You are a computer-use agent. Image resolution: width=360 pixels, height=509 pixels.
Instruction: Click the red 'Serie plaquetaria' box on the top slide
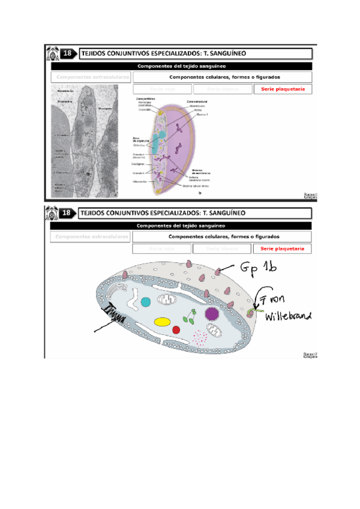283,89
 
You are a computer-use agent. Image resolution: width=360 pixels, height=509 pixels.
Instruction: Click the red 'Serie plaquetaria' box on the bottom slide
283,248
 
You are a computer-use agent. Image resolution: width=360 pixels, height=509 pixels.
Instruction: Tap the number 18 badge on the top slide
68,54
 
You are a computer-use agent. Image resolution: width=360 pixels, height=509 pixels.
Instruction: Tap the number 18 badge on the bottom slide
68,213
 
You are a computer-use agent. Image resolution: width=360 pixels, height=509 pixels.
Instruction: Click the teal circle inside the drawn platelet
145,301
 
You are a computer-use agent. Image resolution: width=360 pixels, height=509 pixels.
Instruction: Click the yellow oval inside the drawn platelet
161,321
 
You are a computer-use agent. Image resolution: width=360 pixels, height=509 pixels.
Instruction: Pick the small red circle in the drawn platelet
176,330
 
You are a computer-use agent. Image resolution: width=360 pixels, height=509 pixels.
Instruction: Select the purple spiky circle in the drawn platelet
211,313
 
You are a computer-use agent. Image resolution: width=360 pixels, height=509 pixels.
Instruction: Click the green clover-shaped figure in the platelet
191,316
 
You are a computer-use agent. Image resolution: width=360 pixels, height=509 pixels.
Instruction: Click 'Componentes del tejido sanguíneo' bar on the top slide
181,66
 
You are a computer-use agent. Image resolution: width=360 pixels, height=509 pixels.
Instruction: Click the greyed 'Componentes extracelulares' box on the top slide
92,77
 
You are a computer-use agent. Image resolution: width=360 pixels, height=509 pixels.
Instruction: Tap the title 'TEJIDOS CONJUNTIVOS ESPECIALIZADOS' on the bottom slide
162,213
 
